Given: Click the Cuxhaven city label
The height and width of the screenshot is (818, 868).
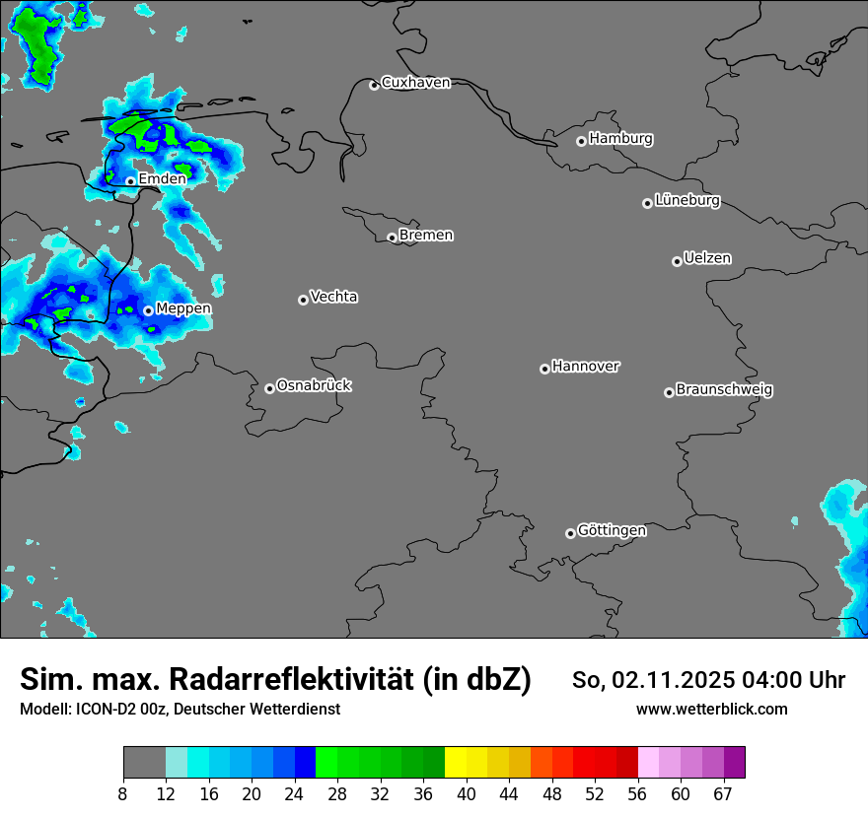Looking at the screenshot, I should coord(415,83).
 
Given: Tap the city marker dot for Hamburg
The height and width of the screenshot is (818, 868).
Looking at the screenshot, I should coord(581,141).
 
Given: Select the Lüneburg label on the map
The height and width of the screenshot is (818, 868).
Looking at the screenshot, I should coord(687,201).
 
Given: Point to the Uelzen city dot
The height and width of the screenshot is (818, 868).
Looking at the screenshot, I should coord(677,261).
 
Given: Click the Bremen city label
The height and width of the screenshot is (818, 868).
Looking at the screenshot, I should coord(426,236).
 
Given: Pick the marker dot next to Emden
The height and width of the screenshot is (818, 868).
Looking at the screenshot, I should coord(130,181).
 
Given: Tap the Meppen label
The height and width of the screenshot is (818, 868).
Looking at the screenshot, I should coord(183,309).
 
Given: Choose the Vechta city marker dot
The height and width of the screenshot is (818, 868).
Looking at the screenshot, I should coord(303,300).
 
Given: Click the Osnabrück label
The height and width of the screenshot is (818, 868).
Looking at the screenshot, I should coord(314,386).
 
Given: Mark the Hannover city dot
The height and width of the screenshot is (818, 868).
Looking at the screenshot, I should coord(544,369).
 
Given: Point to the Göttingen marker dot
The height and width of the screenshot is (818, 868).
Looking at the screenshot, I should coord(570,533).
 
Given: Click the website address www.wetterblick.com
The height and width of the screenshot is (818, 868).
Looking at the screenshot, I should coord(711,709).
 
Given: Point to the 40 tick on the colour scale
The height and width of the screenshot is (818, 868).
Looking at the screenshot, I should coord(467,794).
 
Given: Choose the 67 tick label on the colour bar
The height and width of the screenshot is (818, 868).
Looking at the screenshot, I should coord(722,794).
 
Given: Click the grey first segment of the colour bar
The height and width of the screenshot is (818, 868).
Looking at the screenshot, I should coord(144,763).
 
